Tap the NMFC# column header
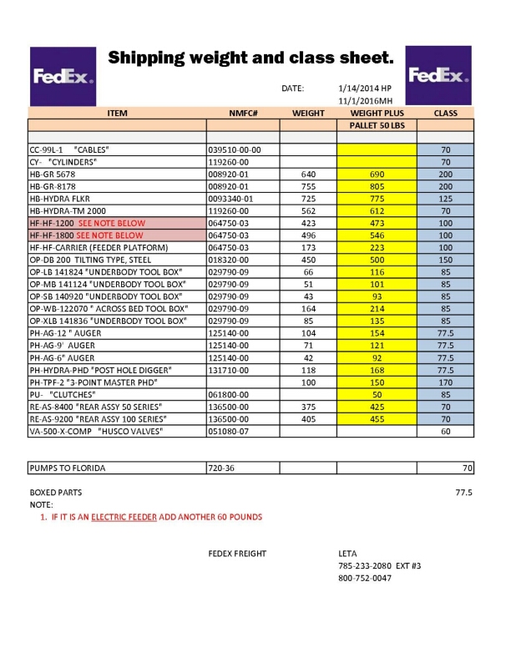tap(242, 113)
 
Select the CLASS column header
tap(445, 113)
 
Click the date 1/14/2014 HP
tap(365, 88)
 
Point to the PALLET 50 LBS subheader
tap(377, 124)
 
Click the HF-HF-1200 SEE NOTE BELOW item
tap(87, 223)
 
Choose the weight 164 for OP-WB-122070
tap(308, 308)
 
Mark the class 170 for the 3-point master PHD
tap(445, 382)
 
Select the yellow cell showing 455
tap(377, 418)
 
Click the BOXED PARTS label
tap(56, 493)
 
